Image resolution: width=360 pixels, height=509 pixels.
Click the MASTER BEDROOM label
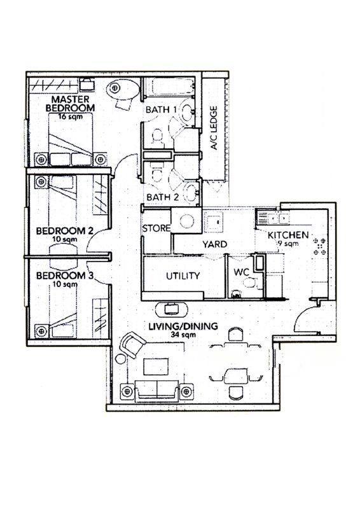[x=70, y=104]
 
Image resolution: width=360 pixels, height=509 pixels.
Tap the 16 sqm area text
[x=71, y=116]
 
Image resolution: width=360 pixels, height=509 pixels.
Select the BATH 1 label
[x=161, y=109]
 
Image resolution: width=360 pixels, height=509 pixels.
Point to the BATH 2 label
[x=162, y=197]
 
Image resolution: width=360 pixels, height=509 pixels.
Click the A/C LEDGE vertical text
[x=214, y=128]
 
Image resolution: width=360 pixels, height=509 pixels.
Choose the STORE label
[x=156, y=228]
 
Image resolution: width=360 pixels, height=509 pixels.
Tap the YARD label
[x=214, y=244]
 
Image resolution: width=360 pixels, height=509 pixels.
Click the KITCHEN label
[x=288, y=235]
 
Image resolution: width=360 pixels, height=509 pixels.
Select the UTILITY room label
[x=183, y=276]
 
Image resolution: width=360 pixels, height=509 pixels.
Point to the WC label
[x=241, y=273]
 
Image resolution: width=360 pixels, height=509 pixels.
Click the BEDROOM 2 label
[x=65, y=231]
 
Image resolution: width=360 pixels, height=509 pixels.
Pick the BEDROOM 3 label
[x=65, y=276]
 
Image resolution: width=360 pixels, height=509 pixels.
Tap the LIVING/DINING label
[x=183, y=326]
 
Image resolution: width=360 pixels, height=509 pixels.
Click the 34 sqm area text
[x=183, y=335]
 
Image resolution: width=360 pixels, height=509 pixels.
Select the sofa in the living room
[x=157, y=389]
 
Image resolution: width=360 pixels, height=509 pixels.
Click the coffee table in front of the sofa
[x=156, y=366]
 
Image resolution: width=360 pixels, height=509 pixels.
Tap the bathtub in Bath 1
[x=169, y=87]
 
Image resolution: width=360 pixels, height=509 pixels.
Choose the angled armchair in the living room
[x=132, y=344]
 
